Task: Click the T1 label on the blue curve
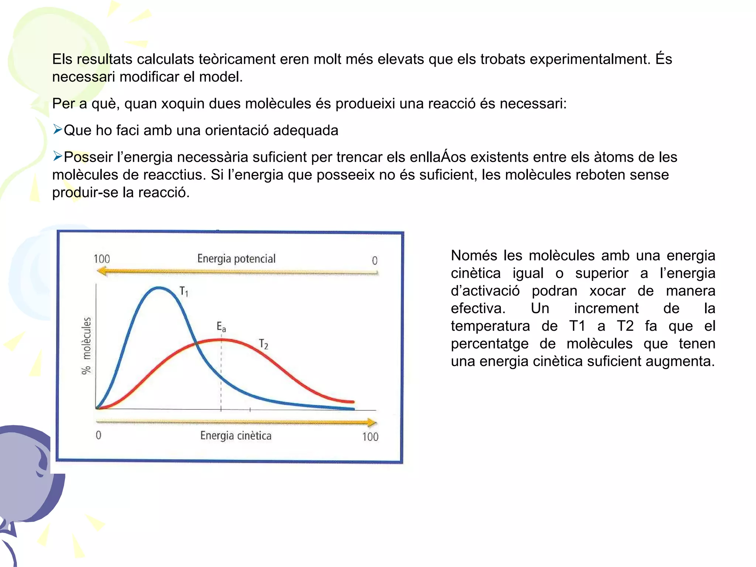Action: [x=184, y=292]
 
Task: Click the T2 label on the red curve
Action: [x=263, y=344]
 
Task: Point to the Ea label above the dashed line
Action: [x=221, y=327]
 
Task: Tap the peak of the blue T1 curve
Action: [x=159, y=288]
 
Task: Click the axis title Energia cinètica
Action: [x=236, y=436]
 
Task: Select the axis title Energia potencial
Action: [x=236, y=258]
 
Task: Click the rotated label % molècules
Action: [x=86, y=346]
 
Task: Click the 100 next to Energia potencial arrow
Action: [x=102, y=259]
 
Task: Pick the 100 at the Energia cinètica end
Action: [x=370, y=437]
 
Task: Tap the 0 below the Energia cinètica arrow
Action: [x=98, y=435]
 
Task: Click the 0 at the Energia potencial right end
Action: [x=374, y=261]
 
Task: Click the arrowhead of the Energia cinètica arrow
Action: [x=372, y=422]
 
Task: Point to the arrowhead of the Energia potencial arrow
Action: [x=101, y=272]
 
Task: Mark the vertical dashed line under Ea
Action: [x=221, y=369]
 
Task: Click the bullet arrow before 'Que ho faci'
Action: [x=57, y=130]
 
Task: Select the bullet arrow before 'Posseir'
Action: [x=57, y=157]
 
